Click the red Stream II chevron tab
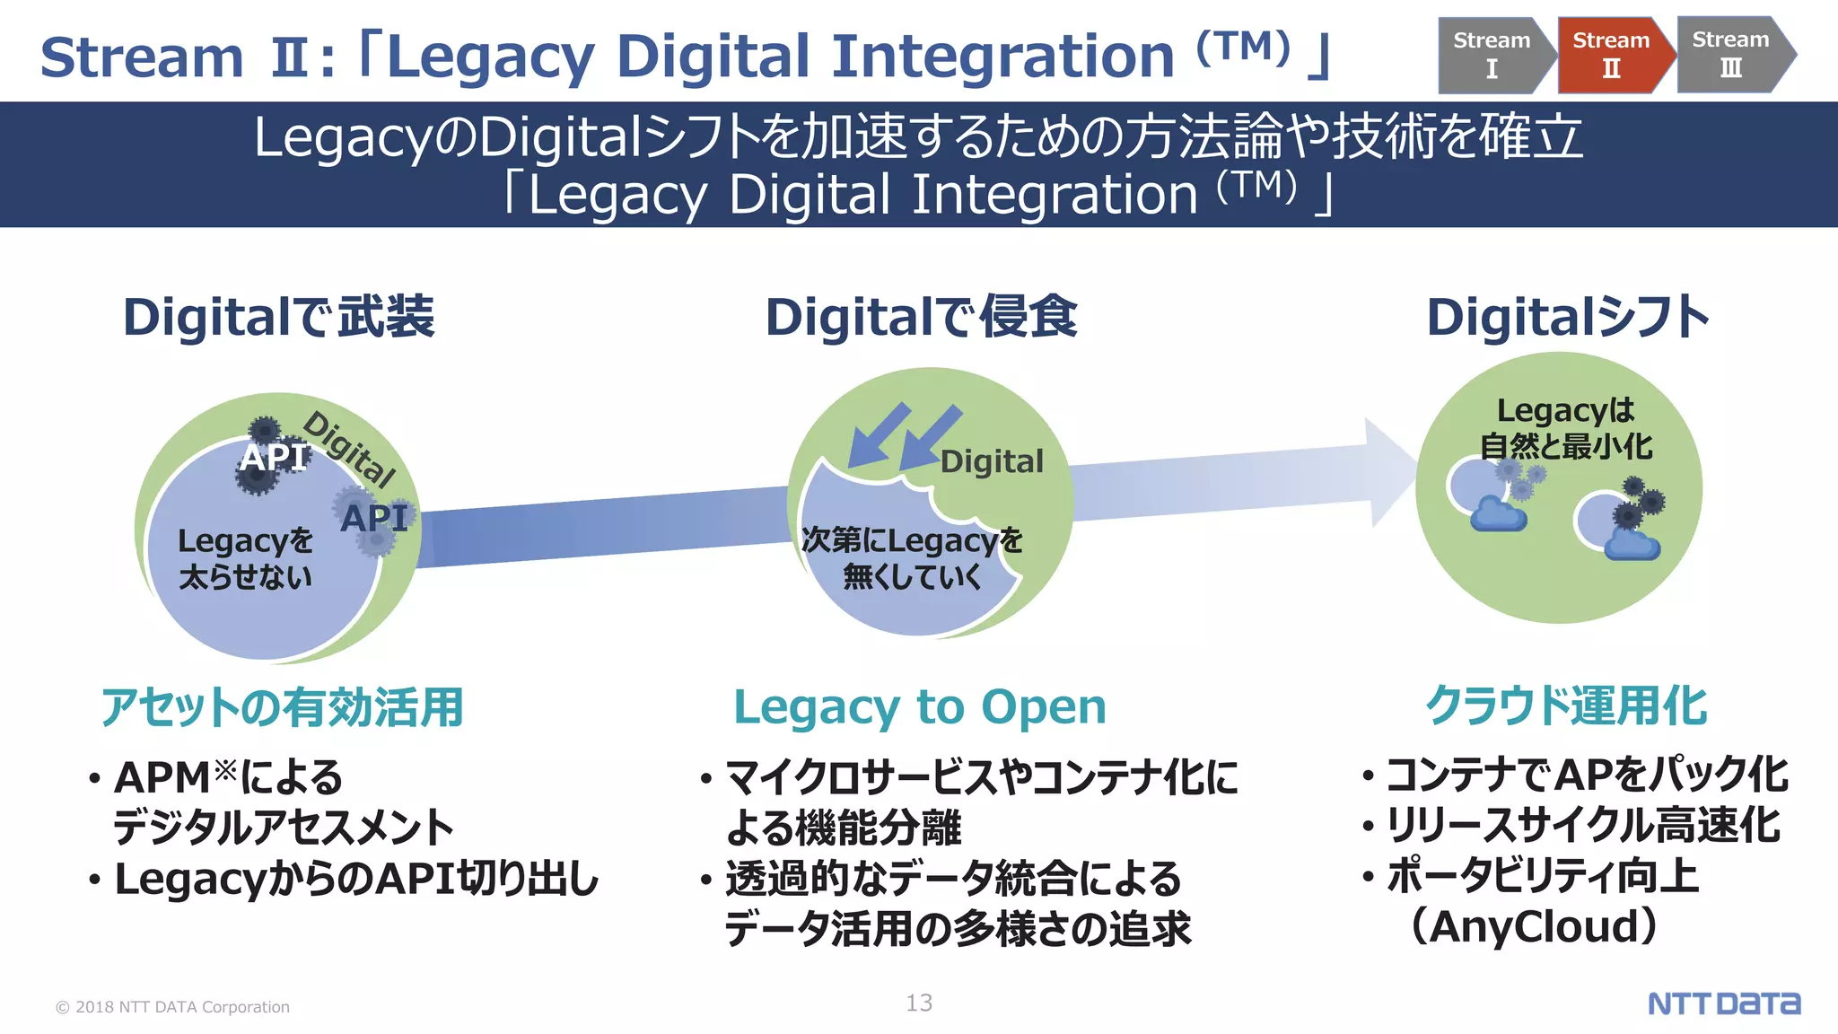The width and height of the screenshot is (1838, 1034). pyautogui.click(x=1611, y=54)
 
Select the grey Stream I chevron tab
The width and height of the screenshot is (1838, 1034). pyautogui.click(x=1492, y=54)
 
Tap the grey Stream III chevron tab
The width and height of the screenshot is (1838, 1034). pyautogui.click(x=1731, y=54)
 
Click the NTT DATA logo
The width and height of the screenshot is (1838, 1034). pyautogui.click(x=1724, y=1003)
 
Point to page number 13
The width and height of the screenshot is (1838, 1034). pyautogui.click(x=919, y=1003)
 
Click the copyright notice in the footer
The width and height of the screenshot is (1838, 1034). pyautogui.click(x=172, y=1007)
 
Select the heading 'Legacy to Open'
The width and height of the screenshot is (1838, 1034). pyautogui.click(x=920, y=707)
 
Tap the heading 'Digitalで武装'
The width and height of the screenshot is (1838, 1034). pyautogui.click(x=279, y=317)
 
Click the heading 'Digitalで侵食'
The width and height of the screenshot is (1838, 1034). pyautogui.click(x=921, y=317)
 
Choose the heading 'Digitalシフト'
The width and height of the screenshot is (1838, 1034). pyautogui.click(x=1568, y=317)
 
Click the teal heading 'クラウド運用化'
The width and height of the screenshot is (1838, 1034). pyautogui.click(x=1566, y=705)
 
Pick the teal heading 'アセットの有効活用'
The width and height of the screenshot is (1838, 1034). pyautogui.click(x=282, y=707)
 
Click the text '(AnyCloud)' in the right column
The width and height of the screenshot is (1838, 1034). pyautogui.click(x=1534, y=926)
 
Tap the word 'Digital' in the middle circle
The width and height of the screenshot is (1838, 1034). pyautogui.click(x=992, y=461)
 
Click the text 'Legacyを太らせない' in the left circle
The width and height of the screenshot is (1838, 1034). pyautogui.click(x=245, y=558)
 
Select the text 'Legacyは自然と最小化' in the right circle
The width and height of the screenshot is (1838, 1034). pyautogui.click(x=1566, y=428)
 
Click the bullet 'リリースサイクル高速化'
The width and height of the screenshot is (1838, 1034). pyautogui.click(x=1583, y=826)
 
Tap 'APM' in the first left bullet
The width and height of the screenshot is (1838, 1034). pyautogui.click(x=162, y=777)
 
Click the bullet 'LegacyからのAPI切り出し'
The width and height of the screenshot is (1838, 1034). pyautogui.click(x=356, y=880)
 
